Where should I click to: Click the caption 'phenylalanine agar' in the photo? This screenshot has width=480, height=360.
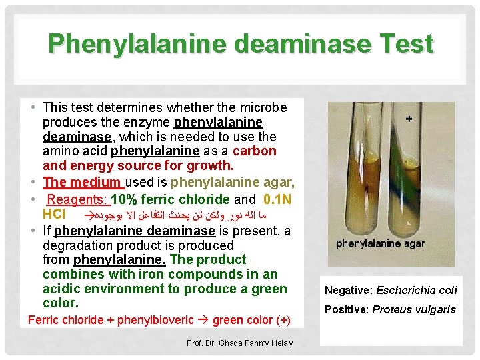point(380,243)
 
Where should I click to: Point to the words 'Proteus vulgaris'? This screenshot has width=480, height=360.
point(414,309)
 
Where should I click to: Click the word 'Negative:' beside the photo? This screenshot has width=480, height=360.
point(349,290)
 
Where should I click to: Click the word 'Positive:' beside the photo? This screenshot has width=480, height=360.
point(347,309)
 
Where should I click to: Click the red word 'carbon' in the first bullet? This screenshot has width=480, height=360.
point(255,151)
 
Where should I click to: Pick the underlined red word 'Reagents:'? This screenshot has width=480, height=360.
point(77,199)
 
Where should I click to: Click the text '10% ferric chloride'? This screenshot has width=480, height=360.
point(171,199)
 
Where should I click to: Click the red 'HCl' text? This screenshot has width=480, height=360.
point(54,215)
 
